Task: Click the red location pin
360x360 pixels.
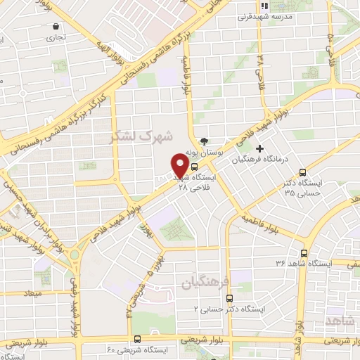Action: click(x=179, y=165)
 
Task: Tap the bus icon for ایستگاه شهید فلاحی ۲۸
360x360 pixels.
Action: click(x=194, y=168)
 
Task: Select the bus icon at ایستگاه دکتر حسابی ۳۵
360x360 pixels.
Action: click(x=303, y=172)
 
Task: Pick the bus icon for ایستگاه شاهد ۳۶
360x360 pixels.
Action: click(x=304, y=254)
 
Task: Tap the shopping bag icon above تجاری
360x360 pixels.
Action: click(x=55, y=27)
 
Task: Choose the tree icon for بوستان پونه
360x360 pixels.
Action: click(x=204, y=141)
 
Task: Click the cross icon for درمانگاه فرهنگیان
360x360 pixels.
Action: click(x=260, y=148)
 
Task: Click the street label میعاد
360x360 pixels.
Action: click(x=33, y=292)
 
